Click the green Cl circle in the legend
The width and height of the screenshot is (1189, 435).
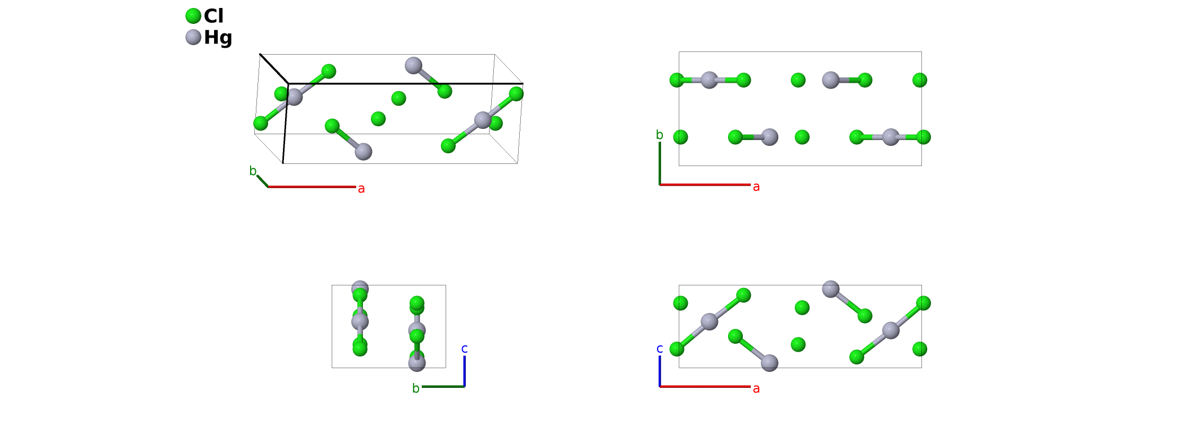click(193, 16)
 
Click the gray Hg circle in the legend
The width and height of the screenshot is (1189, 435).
click(193, 37)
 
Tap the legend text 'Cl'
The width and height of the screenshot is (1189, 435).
click(214, 16)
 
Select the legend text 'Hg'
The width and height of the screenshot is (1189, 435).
click(218, 38)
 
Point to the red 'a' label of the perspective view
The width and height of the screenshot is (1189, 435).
click(361, 189)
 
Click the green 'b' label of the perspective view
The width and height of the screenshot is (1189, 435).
click(253, 171)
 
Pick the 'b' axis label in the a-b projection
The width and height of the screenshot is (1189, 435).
click(660, 135)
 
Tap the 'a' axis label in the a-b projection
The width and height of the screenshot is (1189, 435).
click(756, 187)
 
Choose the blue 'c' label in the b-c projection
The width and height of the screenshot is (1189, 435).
click(465, 349)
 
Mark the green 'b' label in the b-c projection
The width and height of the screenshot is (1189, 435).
click(416, 388)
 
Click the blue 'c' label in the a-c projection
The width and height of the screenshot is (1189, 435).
click(660, 349)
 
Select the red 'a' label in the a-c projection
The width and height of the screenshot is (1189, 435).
click(756, 388)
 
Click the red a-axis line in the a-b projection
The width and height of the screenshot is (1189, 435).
click(705, 185)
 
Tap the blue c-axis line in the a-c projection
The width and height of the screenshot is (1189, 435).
click(660, 371)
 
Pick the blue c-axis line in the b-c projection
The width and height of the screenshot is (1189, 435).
click(465, 371)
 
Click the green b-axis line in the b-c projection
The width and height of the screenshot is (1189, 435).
click(443, 386)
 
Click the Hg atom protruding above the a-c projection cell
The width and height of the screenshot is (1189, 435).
click(830, 289)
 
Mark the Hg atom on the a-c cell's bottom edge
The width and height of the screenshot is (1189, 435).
click(769, 363)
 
